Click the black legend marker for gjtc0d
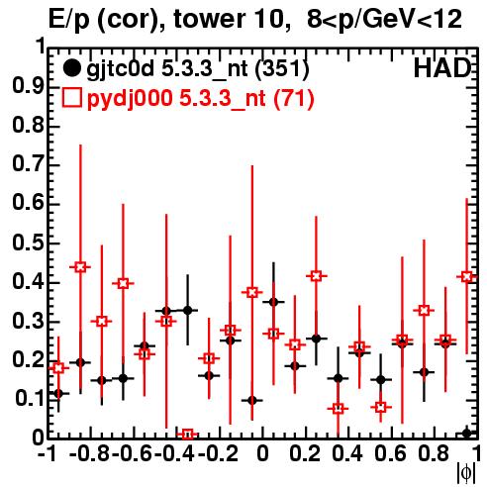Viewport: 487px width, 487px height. click(x=71, y=68)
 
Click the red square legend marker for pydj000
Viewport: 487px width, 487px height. click(x=71, y=98)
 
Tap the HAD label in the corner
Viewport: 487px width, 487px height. click(x=442, y=68)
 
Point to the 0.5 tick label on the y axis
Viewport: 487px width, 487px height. click(x=28, y=243)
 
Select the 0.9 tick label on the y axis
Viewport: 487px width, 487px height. click(x=28, y=87)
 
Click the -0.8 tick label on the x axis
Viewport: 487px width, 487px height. click(x=90, y=453)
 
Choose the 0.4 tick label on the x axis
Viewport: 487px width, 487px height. click(x=347, y=453)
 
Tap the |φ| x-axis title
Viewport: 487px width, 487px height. click(x=466, y=473)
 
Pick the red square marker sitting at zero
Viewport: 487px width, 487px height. click(x=188, y=435)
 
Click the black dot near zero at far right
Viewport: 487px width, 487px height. click(x=466, y=433)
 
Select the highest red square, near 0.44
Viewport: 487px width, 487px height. click(x=80, y=267)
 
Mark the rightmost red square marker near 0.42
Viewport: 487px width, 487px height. click(x=466, y=277)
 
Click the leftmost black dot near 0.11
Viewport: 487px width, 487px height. click(x=58, y=393)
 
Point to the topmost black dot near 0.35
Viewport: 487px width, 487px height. click(x=273, y=302)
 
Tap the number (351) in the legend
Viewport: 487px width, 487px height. click(x=282, y=69)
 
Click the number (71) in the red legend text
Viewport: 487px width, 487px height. click(x=294, y=99)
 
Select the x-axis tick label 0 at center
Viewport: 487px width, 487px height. click(x=262, y=453)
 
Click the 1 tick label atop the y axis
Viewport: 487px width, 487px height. click(x=41, y=47)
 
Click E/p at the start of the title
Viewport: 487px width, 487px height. click(x=69, y=20)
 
